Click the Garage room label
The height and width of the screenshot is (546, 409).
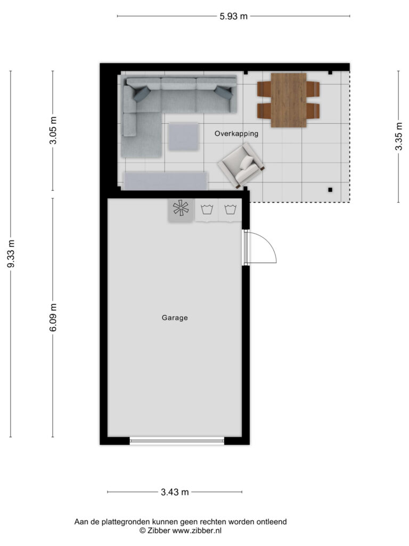click(175, 318)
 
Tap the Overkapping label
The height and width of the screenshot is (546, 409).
click(236, 133)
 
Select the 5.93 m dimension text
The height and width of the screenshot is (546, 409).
click(233, 17)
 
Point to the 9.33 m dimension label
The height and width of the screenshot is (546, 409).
click(11, 254)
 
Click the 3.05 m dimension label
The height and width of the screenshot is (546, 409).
click(53, 130)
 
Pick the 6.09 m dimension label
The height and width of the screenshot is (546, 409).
click(53, 317)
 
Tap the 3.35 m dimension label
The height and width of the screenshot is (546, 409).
click(398, 136)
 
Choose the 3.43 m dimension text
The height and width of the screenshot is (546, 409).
click(175, 492)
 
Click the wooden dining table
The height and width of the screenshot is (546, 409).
click(289, 100)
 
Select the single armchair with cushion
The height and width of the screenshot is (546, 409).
click(241, 166)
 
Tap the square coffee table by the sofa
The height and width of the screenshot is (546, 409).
click(184, 137)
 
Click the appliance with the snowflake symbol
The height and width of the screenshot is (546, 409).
click(181, 209)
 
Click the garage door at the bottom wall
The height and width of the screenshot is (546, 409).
click(177, 441)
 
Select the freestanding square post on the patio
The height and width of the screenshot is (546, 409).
click(330, 190)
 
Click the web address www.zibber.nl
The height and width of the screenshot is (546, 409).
click(197, 531)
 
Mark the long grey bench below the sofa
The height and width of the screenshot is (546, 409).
click(166, 181)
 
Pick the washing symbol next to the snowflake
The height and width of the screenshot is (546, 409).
click(207, 210)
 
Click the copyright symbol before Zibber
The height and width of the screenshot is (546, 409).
click(142, 531)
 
